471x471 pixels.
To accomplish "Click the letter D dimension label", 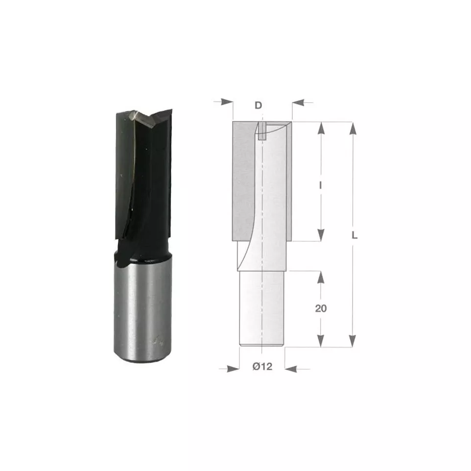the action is (x=259, y=105).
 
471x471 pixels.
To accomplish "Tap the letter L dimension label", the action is (x=354, y=235).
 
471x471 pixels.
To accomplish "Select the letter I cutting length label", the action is (x=321, y=186).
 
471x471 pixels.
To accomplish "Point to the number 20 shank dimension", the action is (x=321, y=308).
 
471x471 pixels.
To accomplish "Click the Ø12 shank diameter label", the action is (x=262, y=366).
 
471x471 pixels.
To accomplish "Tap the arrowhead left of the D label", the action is (x=227, y=102).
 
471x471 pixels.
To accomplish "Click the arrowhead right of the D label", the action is (x=298, y=102).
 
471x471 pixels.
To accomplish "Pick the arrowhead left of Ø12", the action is (x=234, y=369).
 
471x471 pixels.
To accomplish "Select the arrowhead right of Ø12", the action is (x=291, y=369).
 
